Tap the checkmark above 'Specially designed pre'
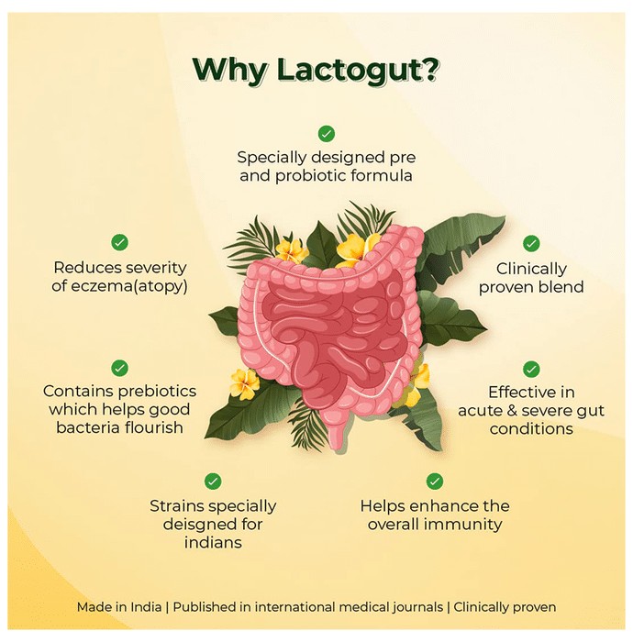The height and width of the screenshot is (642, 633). (327, 134)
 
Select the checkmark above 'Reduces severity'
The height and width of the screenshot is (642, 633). (119, 242)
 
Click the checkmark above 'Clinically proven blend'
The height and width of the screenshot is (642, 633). (531, 244)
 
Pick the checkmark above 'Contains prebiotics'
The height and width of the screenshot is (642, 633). (119, 368)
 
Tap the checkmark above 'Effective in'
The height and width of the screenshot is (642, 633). (531, 370)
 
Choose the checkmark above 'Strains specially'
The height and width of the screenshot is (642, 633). (213, 481)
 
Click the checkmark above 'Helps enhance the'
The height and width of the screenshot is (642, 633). (435, 481)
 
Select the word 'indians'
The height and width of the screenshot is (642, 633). (213, 543)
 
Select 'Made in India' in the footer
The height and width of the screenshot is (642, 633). (119, 607)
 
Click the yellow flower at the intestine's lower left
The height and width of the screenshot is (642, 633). (245, 383)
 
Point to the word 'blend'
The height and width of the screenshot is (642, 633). (561, 287)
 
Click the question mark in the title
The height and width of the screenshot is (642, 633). (429, 70)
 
